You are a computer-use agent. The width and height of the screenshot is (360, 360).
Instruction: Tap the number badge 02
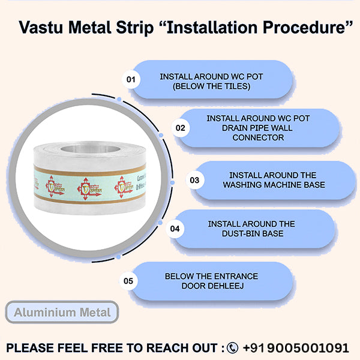[180, 127]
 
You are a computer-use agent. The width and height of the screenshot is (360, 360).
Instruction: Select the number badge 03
[194, 179]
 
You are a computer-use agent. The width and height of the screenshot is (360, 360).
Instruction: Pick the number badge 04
[175, 228]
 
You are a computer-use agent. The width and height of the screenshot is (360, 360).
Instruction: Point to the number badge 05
[128, 280]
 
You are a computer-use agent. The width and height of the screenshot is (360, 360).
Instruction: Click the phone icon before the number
[233, 347]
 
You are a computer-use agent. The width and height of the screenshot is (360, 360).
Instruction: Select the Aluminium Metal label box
[62, 312]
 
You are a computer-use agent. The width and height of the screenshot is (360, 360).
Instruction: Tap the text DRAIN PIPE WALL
[258, 128]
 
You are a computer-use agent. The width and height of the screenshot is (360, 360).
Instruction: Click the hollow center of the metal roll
[92, 149]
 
